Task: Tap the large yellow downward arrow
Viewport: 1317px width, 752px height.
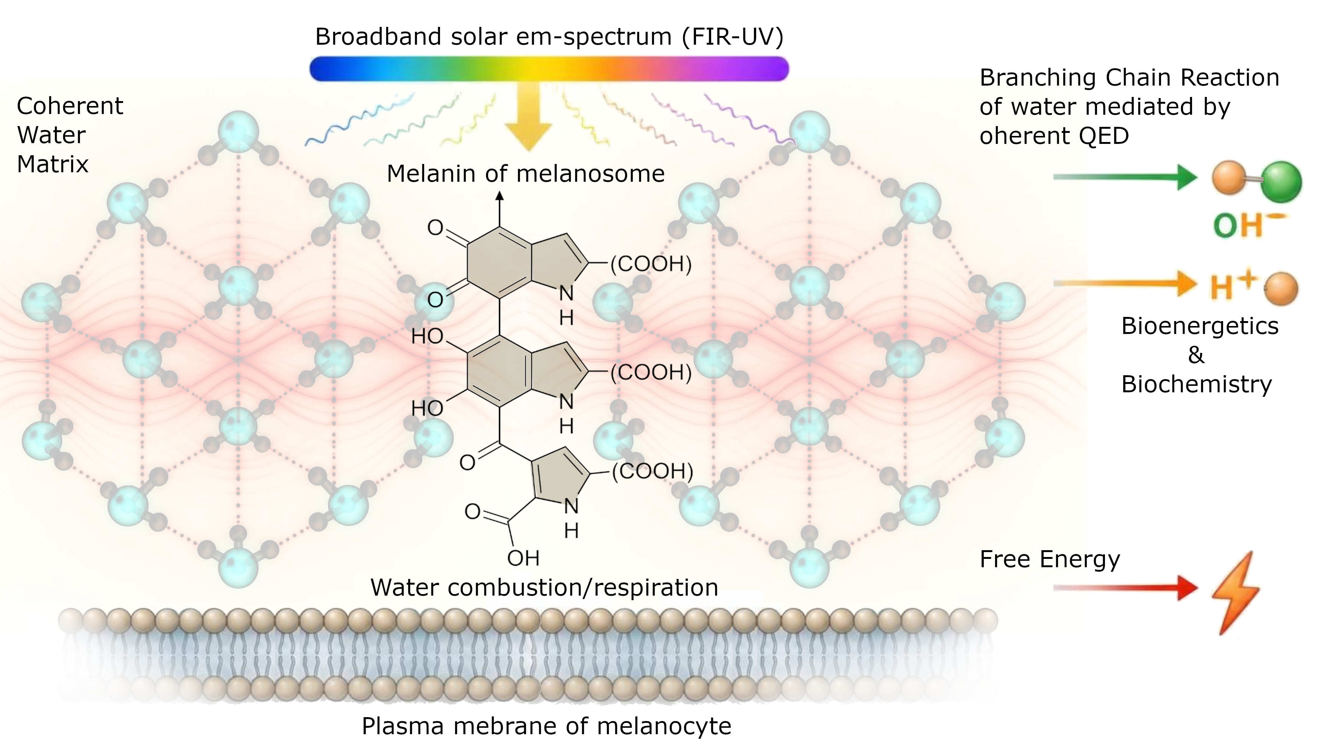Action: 528,116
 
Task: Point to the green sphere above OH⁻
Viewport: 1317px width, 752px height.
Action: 1281,182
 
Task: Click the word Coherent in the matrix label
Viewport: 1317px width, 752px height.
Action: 70,106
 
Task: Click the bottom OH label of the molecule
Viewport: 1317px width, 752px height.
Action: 523,558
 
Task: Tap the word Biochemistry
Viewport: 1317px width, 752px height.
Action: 1197,385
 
